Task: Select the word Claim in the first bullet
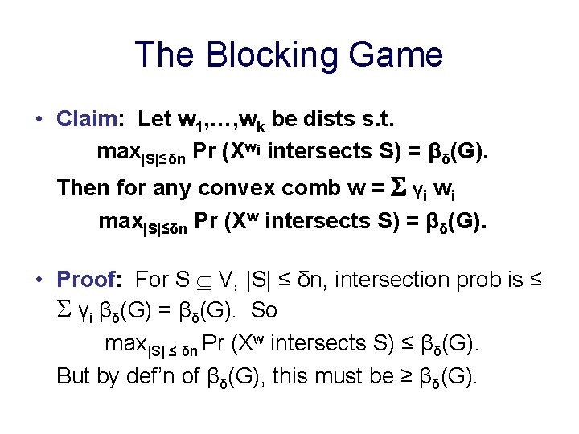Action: pyautogui.click(x=87, y=120)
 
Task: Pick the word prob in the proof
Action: pyautogui.click(x=480, y=280)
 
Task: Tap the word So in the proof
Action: pyautogui.click(x=266, y=309)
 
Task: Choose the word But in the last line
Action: pyautogui.click(x=74, y=375)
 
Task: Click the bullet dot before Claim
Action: pyautogui.click(x=39, y=121)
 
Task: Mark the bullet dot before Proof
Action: pyautogui.click(x=39, y=280)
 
